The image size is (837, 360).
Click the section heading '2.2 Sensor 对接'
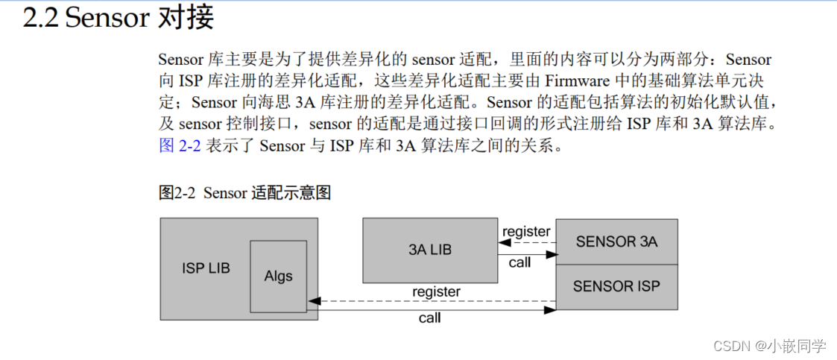coord(118,18)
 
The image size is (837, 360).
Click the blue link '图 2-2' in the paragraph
coord(180,146)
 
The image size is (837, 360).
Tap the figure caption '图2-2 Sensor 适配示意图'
coord(244,193)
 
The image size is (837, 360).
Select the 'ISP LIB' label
coord(206,268)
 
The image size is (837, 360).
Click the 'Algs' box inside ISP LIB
coord(278,276)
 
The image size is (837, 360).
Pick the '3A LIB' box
coord(430,250)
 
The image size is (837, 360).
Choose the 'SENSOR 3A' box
coord(616,241)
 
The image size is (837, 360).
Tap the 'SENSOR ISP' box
coord(616,286)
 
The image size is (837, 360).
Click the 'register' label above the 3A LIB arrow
coord(526,232)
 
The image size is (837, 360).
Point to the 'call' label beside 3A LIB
coord(519,262)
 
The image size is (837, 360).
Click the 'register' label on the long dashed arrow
coord(436,291)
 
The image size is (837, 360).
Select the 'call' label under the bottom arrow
coord(429,318)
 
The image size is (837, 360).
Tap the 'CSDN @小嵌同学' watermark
coord(769,346)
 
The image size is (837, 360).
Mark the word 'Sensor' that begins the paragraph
coord(181,59)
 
